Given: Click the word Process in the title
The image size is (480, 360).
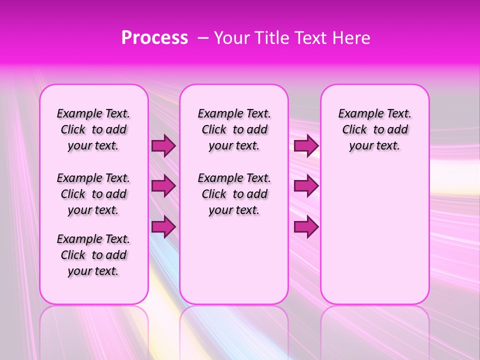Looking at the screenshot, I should click(154, 38).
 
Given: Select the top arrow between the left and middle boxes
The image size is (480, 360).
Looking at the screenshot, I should click(163, 146).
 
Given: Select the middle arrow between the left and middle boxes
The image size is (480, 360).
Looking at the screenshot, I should click(163, 186).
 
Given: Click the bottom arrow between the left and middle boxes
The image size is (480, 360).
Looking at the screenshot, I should click(163, 227).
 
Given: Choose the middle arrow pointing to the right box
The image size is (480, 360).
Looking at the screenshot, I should click(306, 186).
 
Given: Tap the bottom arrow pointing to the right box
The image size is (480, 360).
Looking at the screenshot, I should click(306, 227).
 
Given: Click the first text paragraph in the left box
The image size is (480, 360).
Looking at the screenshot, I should click(93, 129).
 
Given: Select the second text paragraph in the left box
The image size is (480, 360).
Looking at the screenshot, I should click(93, 194).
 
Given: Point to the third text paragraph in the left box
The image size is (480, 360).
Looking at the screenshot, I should click(93, 255).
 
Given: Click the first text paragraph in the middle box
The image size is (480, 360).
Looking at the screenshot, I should click(234, 129).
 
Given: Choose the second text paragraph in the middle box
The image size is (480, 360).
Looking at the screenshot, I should click(234, 194).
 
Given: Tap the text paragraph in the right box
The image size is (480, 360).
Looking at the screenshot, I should click(375, 129).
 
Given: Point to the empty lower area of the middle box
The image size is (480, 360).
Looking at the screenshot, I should click(234, 260).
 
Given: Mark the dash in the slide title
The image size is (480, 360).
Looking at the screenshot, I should click(203, 38).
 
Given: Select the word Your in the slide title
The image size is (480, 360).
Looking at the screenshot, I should click(232, 38).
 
